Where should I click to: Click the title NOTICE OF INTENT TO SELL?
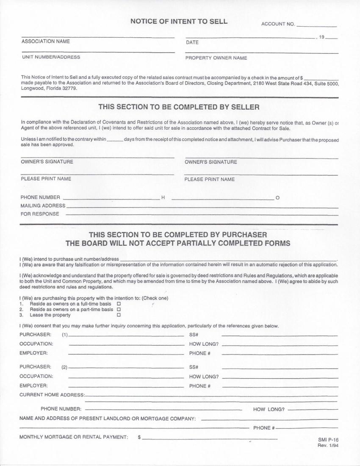179,21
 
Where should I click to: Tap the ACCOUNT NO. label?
278,24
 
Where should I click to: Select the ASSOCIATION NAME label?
45,42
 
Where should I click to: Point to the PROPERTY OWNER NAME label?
216,58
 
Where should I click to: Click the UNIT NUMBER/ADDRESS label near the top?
50,57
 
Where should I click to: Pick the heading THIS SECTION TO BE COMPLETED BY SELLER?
179,107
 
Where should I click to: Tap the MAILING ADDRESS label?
43,205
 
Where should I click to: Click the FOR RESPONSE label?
40,214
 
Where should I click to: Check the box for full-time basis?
119,304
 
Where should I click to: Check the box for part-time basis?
119,310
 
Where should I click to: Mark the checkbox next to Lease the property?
119,315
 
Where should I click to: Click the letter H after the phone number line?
163,198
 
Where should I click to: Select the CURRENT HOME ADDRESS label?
52,395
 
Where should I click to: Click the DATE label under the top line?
192,42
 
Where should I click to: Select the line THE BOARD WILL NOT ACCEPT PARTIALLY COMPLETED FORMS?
178,243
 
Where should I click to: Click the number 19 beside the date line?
321,37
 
